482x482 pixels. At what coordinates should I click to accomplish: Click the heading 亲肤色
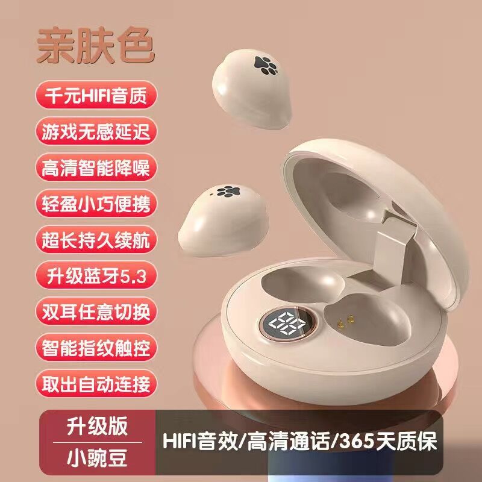click(96, 46)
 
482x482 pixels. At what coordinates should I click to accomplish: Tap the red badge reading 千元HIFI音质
click(96, 95)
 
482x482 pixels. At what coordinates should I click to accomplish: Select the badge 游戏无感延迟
click(96, 131)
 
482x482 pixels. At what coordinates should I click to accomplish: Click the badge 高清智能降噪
click(96, 167)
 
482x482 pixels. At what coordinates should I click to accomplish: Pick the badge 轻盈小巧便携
click(96, 203)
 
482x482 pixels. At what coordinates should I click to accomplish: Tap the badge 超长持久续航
click(96, 239)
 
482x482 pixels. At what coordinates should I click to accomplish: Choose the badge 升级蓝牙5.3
click(96, 275)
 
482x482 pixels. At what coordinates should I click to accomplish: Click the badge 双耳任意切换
click(96, 311)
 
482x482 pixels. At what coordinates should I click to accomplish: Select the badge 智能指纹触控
click(96, 348)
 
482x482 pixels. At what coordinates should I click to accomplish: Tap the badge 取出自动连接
click(96, 384)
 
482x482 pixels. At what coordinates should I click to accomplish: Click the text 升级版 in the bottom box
click(97, 426)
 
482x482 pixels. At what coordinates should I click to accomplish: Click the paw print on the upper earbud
click(266, 66)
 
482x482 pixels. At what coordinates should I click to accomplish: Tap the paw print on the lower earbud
click(228, 191)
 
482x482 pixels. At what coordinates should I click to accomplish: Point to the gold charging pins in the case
click(345, 321)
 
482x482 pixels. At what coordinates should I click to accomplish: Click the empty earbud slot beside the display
click(303, 284)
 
